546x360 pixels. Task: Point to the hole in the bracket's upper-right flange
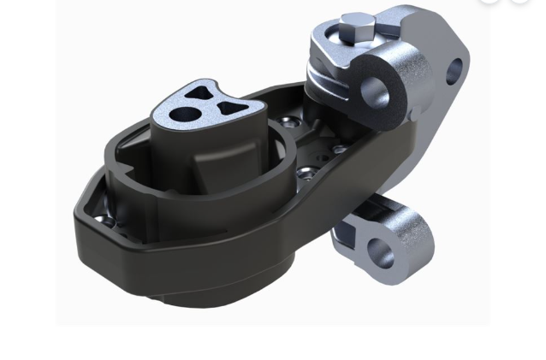[x=454, y=71]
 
